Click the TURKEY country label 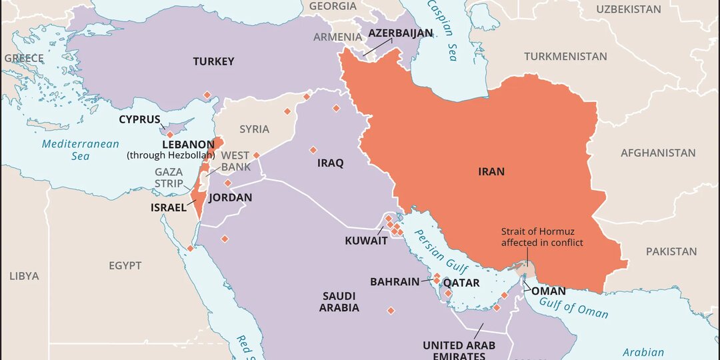click(213, 61)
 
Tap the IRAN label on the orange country click(491, 172)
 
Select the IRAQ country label click(331, 163)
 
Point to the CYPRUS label click(140, 120)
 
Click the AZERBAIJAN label click(396, 33)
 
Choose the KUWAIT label click(366, 241)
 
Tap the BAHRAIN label click(395, 282)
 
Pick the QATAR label click(461, 283)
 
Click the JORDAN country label click(231, 197)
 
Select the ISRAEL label click(169, 208)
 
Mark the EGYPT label click(125, 265)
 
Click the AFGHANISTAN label click(658, 153)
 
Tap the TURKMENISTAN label click(565, 57)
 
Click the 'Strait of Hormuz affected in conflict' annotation click(542, 237)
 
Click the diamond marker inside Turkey click(207, 95)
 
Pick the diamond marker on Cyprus click(170, 134)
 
